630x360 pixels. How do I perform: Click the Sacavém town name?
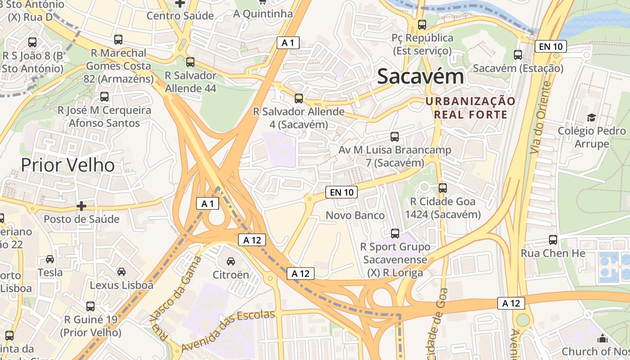pos(420,76)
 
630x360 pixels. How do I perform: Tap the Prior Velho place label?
pos(68,165)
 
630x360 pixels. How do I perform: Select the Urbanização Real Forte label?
pos(470,108)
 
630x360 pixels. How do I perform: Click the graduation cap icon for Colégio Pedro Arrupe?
pos(591,117)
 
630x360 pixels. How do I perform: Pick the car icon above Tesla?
pos(50,259)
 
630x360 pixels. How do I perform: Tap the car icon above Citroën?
pos(230,261)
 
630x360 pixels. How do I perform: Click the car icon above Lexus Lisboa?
pos(121,271)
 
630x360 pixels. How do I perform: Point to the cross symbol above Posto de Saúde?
pos(81,206)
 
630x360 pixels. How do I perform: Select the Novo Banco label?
pos(355,216)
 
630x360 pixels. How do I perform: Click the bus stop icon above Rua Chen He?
pos(553,240)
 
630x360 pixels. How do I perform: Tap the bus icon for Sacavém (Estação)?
pos(518,55)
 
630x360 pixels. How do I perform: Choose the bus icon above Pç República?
pos(422,25)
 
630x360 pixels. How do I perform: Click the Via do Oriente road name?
pos(540,118)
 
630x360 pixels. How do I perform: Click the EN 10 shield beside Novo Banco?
pos(342,193)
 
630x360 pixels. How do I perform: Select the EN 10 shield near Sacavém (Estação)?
pos(550,46)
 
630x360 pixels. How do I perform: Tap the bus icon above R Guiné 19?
pos(90,306)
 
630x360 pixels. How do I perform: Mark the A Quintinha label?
pos(263,14)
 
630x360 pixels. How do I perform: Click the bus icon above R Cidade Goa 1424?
pos(443,188)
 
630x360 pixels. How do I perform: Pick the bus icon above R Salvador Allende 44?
pos(190,62)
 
